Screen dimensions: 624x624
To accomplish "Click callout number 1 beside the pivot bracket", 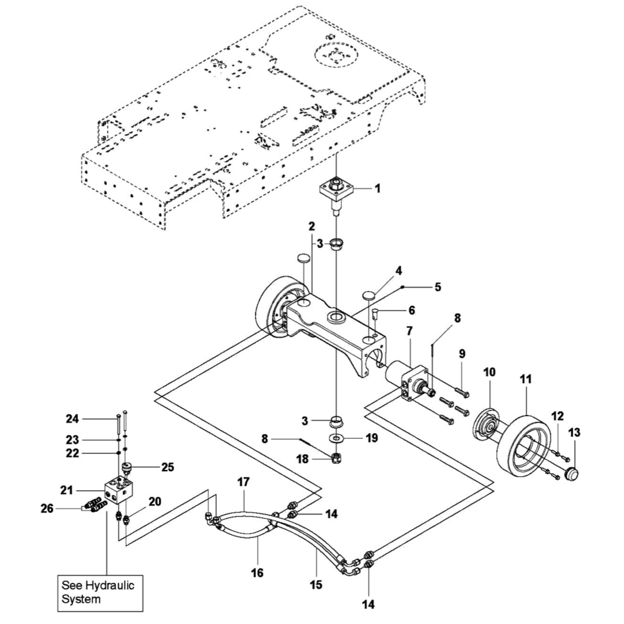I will point(377,187).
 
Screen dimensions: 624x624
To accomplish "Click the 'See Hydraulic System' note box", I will point(100,592).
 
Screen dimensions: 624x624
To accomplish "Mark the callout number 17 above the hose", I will point(243,482).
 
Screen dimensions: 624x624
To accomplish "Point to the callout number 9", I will point(462,354).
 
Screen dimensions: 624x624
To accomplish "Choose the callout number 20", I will point(155,500).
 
